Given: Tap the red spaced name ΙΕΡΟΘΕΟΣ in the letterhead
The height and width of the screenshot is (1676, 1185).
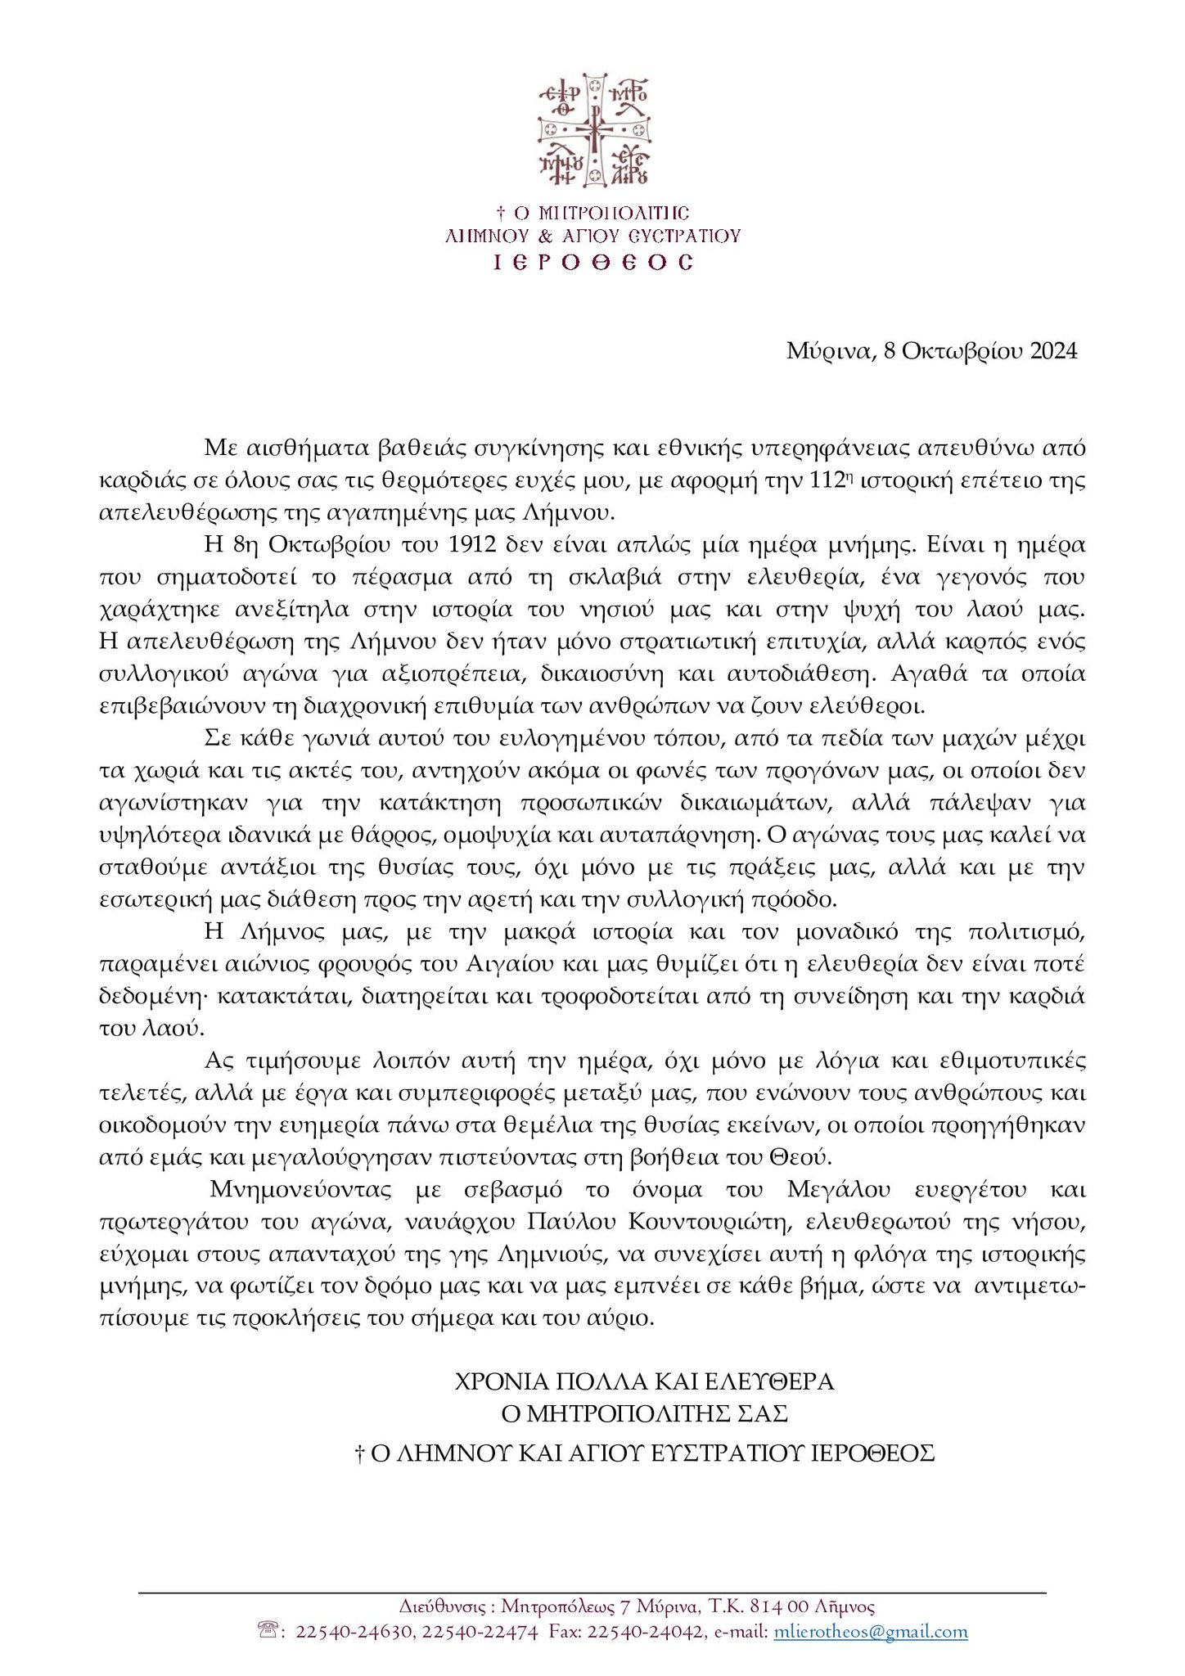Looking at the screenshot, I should pyautogui.click(x=593, y=262).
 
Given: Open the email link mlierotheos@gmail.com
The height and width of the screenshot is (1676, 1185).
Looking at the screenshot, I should pyautogui.click(x=871, y=1632).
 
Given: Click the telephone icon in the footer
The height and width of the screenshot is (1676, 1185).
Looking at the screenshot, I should pyautogui.click(x=269, y=1631).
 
